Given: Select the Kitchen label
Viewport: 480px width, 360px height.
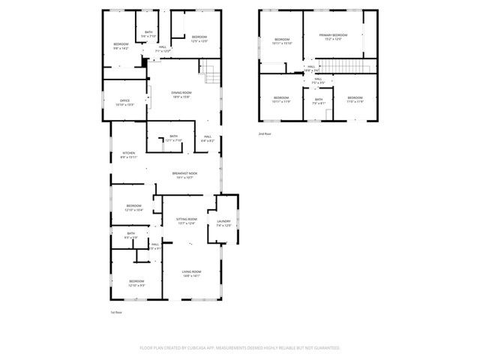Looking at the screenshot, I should click(x=129, y=154).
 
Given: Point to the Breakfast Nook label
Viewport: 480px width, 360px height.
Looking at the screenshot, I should click(x=184, y=175).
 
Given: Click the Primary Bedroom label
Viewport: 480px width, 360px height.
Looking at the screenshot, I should click(x=334, y=36).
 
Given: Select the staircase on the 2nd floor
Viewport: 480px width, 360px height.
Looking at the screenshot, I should click(x=347, y=69).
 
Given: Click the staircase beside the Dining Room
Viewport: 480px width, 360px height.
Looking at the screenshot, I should click(x=210, y=73).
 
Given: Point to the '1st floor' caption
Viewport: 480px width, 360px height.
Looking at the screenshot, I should click(x=116, y=312).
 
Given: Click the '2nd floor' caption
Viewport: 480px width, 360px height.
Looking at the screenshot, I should click(x=265, y=133).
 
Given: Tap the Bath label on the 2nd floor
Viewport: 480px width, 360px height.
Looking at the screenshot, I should click(x=319, y=100).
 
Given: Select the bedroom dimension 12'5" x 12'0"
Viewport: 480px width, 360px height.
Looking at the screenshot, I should click(x=199, y=40).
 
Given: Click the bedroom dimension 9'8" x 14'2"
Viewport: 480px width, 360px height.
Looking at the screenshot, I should click(x=121, y=48).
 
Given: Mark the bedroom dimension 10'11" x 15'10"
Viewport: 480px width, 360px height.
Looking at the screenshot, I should click(x=281, y=43).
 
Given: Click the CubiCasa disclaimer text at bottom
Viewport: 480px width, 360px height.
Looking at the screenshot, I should click(x=240, y=348).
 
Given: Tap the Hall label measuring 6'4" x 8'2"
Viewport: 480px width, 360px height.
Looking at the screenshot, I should click(x=208, y=138).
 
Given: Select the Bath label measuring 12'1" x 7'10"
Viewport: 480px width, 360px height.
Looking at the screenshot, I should click(x=174, y=138).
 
